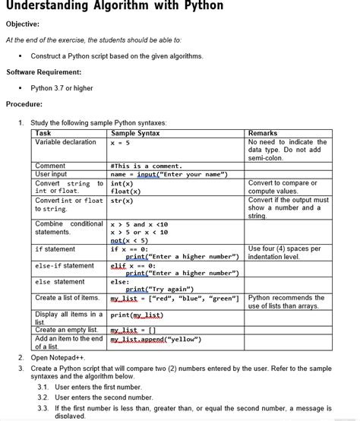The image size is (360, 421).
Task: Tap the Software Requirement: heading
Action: coord(44,72)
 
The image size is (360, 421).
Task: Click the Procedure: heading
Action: coord(24,104)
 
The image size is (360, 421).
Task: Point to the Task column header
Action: coord(43,133)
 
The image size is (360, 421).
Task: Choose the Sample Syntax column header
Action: coord(135,133)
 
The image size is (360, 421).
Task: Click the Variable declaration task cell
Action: coord(66,142)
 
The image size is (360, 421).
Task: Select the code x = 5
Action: coord(120,143)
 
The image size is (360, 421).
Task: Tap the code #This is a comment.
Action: coord(147,166)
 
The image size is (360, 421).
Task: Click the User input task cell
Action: coord(51,174)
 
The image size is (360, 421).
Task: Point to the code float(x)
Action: coord(125,192)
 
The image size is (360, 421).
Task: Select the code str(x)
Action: coord(122,201)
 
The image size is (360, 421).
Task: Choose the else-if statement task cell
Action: coord(65,266)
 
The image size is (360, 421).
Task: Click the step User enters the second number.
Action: coord(104,397)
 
